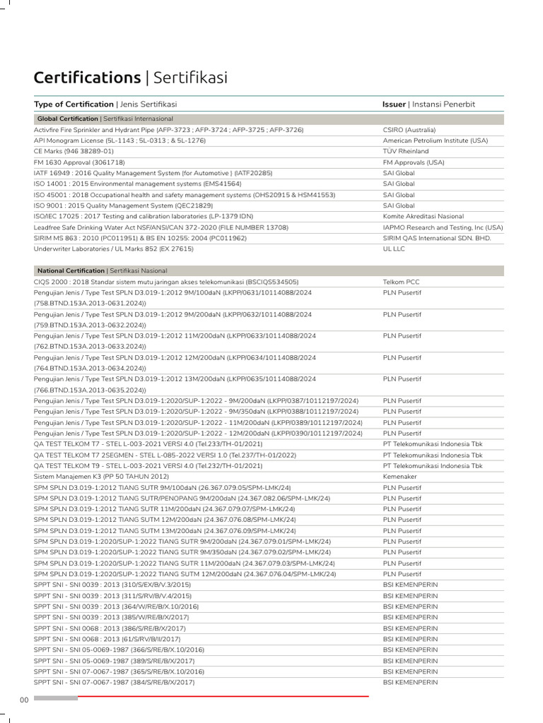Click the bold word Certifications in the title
87,77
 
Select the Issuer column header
394,104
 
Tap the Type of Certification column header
74,104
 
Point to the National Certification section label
71,270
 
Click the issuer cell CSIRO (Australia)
409,130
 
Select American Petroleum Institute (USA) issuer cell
436,141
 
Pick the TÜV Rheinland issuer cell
406,151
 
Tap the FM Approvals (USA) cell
414,162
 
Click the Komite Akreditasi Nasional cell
424,216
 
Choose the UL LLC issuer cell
395,249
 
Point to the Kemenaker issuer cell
400,477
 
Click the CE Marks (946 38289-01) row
74,151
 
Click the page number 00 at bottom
24,699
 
